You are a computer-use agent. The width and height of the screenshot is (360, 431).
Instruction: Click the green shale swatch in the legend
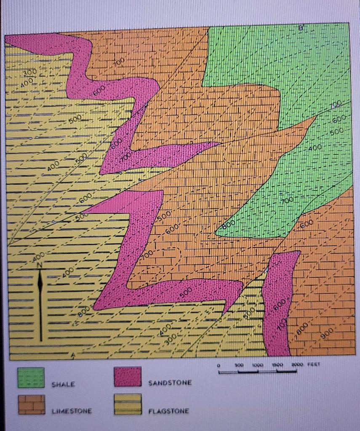click(x=31, y=377)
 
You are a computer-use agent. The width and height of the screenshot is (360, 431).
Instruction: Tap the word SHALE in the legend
click(x=63, y=384)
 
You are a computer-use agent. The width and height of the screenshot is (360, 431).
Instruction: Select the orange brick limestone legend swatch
click(x=31, y=404)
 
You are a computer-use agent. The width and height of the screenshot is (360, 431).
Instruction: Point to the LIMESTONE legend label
click(x=72, y=410)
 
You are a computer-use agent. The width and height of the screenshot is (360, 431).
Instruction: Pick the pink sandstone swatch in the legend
click(x=128, y=376)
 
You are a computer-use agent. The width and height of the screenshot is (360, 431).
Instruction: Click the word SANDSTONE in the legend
click(x=170, y=383)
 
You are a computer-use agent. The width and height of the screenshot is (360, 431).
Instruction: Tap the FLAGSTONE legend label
click(x=168, y=411)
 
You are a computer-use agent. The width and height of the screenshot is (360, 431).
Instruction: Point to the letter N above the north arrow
click(x=40, y=265)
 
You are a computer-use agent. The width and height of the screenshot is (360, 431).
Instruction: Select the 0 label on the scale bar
click(x=219, y=367)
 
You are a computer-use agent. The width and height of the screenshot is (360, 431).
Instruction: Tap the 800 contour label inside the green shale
click(x=229, y=226)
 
